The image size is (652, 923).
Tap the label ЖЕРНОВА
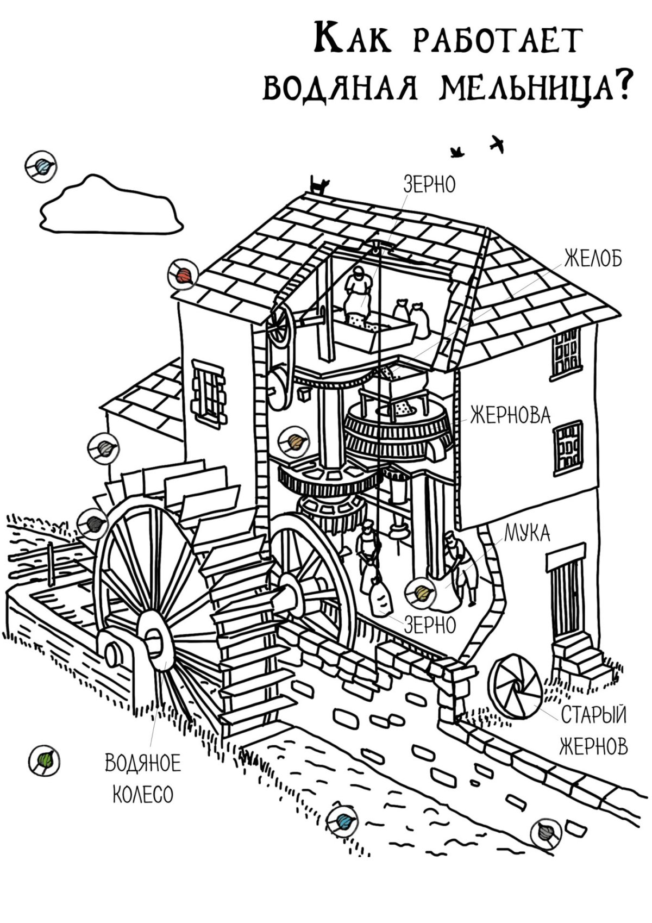click(510, 416)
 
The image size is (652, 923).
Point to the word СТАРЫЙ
click(593, 714)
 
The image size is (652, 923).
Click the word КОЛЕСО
click(143, 795)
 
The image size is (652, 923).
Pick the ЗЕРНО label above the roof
click(429, 185)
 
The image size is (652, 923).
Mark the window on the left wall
click(207, 390)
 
